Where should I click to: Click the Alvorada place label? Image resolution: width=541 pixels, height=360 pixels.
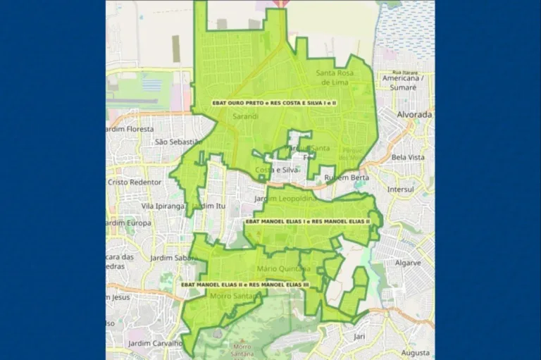pyautogui.click(x=414, y=114)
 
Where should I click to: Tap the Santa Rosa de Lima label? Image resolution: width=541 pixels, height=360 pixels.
pyautogui.click(x=343, y=77)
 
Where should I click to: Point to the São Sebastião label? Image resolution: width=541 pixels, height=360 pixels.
pyautogui.click(x=177, y=141)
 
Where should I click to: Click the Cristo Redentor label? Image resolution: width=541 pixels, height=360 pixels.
pyautogui.click(x=135, y=182)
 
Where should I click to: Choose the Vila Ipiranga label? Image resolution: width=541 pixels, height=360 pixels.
pyautogui.click(x=163, y=206)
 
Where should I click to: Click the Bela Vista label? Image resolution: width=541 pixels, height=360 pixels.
pyautogui.click(x=408, y=157)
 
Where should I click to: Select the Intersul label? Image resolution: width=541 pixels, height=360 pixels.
pyautogui.click(x=404, y=189)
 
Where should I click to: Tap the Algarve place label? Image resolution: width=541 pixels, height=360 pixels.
pyautogui.click(x=408, y=263)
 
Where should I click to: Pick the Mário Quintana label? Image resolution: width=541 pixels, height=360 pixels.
pyautogui.click(x=280, y=268)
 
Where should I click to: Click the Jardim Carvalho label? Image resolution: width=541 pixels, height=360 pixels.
pyautogui.click(x=155, y=343)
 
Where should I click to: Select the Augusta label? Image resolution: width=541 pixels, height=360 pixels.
pyautogui.click(x=415, y=352)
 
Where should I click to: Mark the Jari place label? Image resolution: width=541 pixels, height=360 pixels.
pyautogui.click(x=359, y=337)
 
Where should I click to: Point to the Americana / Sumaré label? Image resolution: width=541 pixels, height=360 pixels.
pyautogui.click(x=402, y=82)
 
